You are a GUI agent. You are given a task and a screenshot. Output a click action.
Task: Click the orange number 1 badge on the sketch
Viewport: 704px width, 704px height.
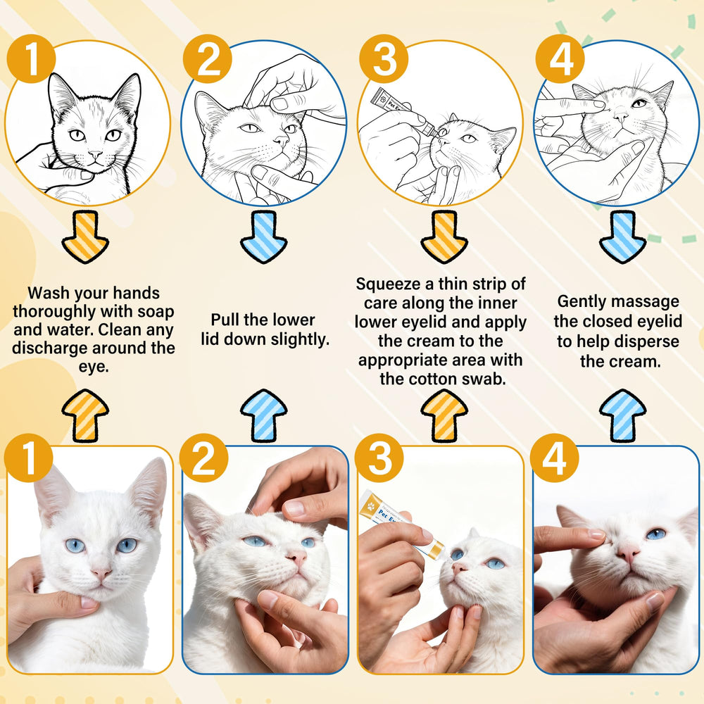[32, 58]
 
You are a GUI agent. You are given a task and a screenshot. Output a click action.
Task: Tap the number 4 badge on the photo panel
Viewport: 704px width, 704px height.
[555, 458]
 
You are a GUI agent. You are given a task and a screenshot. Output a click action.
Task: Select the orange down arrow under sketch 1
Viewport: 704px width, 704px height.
[85, 237]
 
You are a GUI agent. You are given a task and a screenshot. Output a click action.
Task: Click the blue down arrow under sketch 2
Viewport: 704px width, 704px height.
[263, 237]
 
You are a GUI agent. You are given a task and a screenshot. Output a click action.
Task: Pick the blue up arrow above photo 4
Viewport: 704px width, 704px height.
[623, 415]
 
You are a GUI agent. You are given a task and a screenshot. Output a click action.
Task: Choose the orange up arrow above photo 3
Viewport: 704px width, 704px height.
[444, 415]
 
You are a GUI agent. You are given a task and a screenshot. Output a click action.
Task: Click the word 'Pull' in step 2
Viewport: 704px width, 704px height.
[225, 320]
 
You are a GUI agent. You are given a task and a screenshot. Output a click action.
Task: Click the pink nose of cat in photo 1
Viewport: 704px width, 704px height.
[101, 573]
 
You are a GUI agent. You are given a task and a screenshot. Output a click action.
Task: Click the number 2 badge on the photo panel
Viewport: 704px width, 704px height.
[204, 458]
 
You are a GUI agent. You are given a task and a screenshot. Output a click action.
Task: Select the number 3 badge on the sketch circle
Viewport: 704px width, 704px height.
[384, 58]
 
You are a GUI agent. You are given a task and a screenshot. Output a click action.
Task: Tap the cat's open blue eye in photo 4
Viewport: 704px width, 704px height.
[656, 534]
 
